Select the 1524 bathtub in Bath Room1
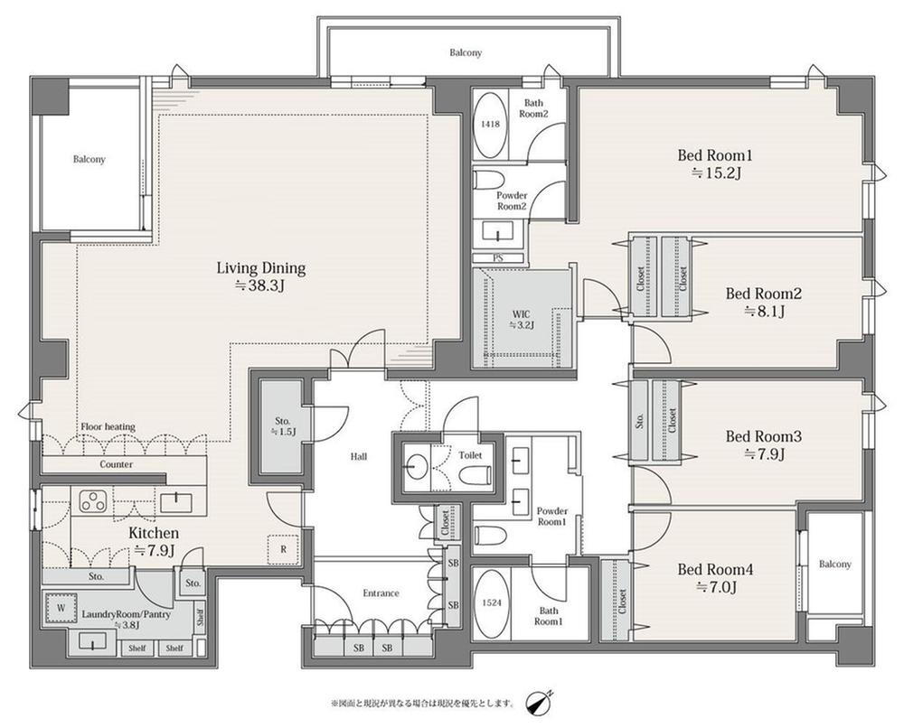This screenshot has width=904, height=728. pyautogui.click(x=490, y=604)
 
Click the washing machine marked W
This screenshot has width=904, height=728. pyautogui.click(x=61, y=608)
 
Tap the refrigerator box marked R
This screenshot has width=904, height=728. pyautogui.click(x=283, y=549)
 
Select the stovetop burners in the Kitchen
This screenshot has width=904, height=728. pyautogui.click(x=93, y=500)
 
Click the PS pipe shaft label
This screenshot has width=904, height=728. pyautogui.click(x=498, y=258)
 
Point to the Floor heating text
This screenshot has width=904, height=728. pyautogui.click(x=108, y=427)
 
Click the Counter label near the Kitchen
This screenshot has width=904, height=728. pyautogui.click(x=116, y=464)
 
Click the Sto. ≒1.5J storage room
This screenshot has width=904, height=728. pyautogui.click(x=282, y=426)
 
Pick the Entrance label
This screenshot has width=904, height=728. pyautogui.click(x=381, y=593)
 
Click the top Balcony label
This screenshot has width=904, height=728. pyautogui.click(x=466, y=52)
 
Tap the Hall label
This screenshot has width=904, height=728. pyautogui.click(x=359, y=457)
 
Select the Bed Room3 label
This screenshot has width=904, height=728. pyautogui.click(x=763, y=436)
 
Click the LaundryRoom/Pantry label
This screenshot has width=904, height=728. pyautogui.click(x=126, y=614)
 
